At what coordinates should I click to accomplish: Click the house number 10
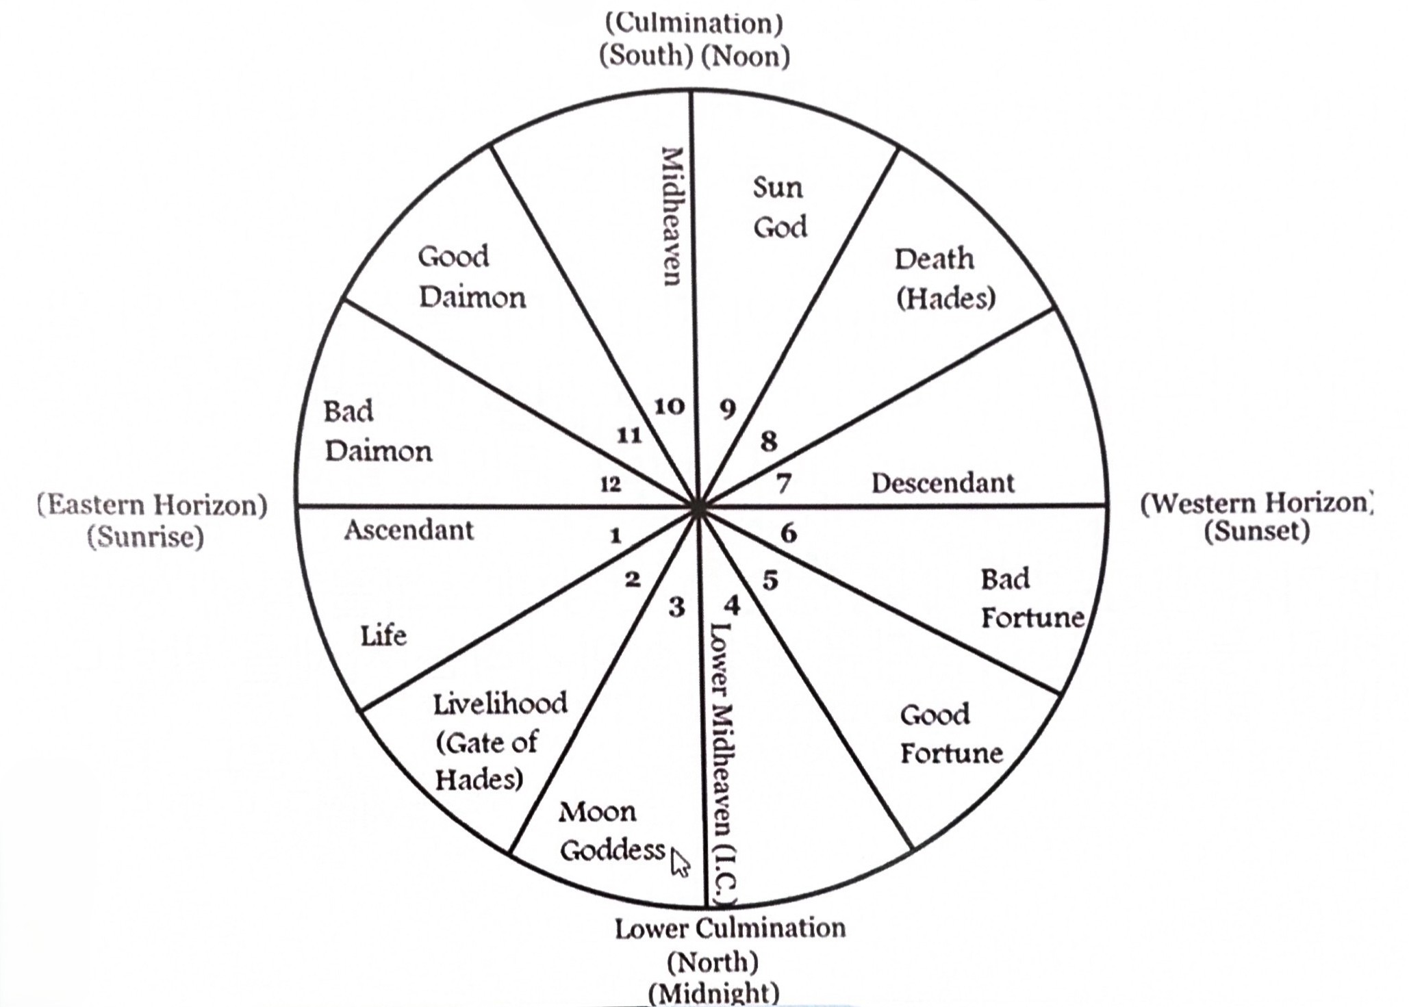[669, 407]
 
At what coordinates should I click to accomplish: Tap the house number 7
[784, 484]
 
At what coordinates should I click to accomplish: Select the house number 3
[676, 607]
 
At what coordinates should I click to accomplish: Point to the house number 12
[610, 485]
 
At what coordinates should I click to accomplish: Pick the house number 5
[770, 581]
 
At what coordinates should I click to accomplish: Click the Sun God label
[779, 207]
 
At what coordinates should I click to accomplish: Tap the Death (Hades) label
[945, 279]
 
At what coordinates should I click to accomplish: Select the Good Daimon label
[472, 277]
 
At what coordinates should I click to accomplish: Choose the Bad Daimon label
[378, 431]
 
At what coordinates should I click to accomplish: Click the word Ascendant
[409, 530]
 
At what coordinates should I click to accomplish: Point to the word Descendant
[943, 483]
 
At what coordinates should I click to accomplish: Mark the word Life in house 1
[383, 636]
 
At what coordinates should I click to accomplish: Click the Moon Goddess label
[612, 831]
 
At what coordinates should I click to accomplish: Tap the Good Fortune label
[951, 734]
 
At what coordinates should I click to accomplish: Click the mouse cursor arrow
[680, 863]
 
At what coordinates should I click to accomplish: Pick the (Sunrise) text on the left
[146, 536]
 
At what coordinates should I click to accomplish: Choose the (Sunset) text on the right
[1257, 531]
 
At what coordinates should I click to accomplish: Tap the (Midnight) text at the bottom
[713, 992]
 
